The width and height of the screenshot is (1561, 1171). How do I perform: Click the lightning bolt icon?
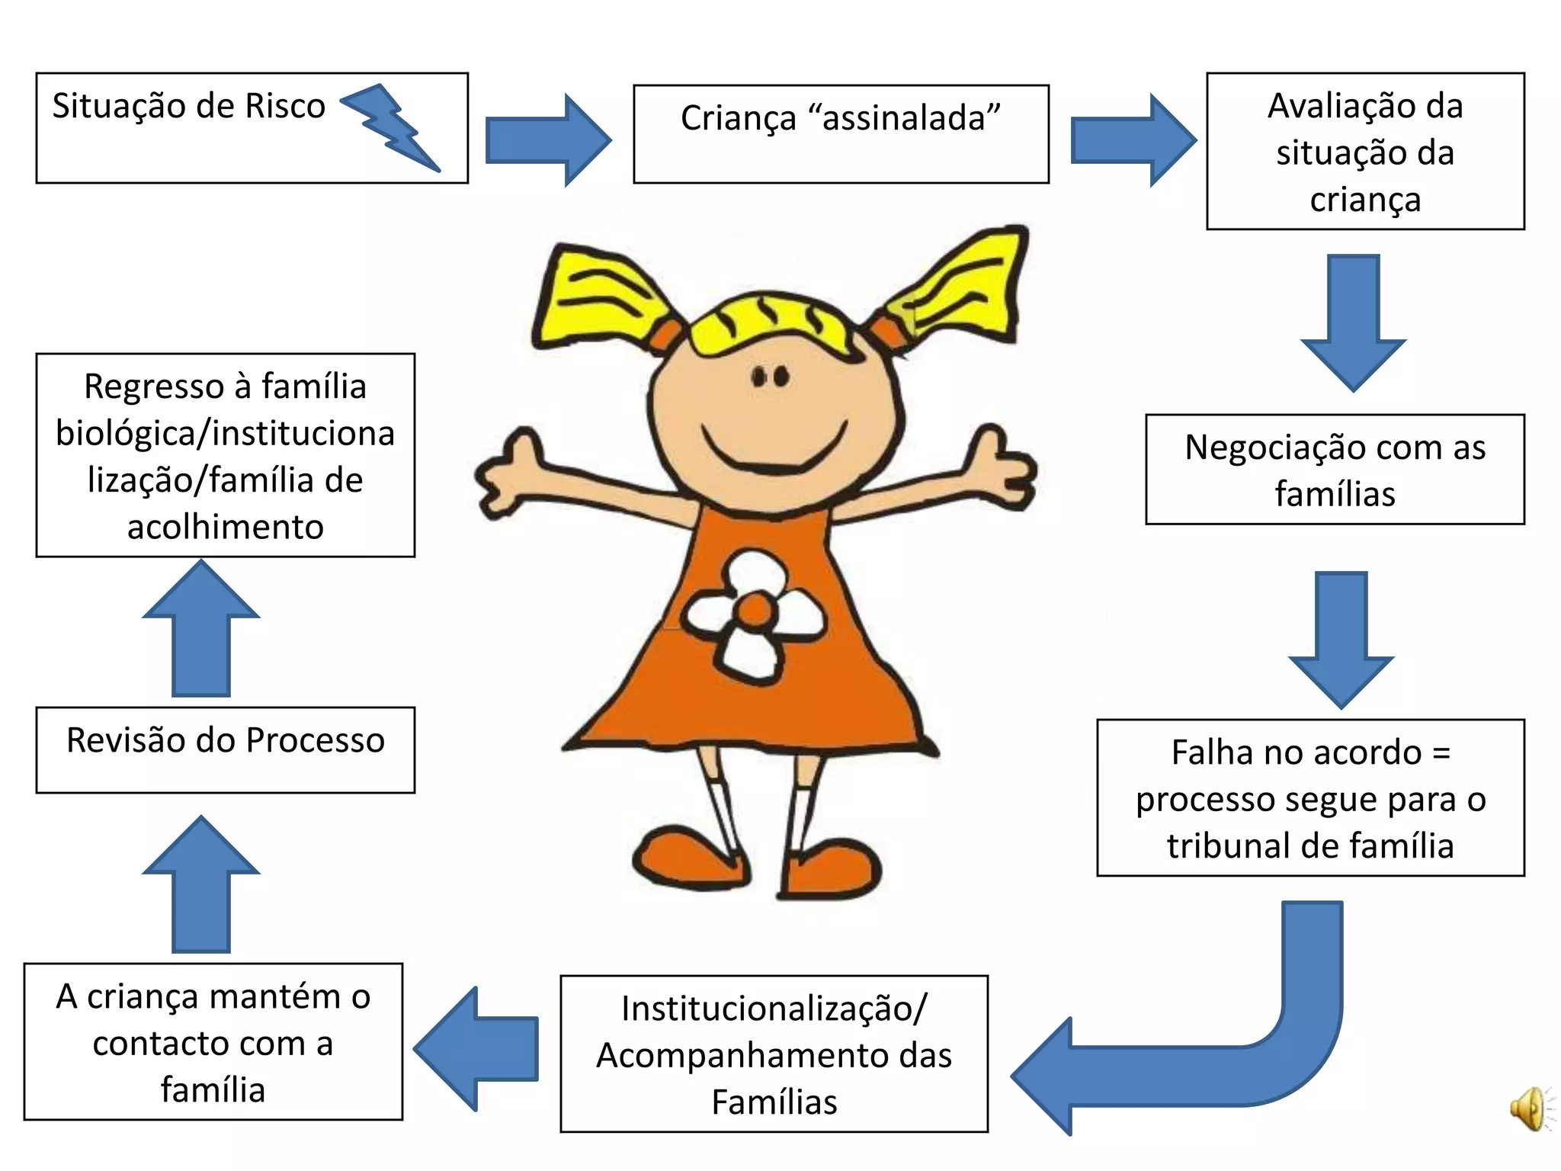pos(390,127)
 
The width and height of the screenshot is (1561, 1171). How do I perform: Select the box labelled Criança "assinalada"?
pos(841,134)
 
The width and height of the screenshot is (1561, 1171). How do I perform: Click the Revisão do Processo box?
pos(225,750)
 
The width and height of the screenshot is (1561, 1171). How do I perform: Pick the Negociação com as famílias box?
pos(1335,470)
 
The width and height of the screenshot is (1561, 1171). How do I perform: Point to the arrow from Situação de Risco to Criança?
pos(547,140)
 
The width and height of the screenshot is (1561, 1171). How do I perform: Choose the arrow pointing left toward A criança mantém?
pos(476,1048)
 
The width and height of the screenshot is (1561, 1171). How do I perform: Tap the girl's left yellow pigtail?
pos(595,297)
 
